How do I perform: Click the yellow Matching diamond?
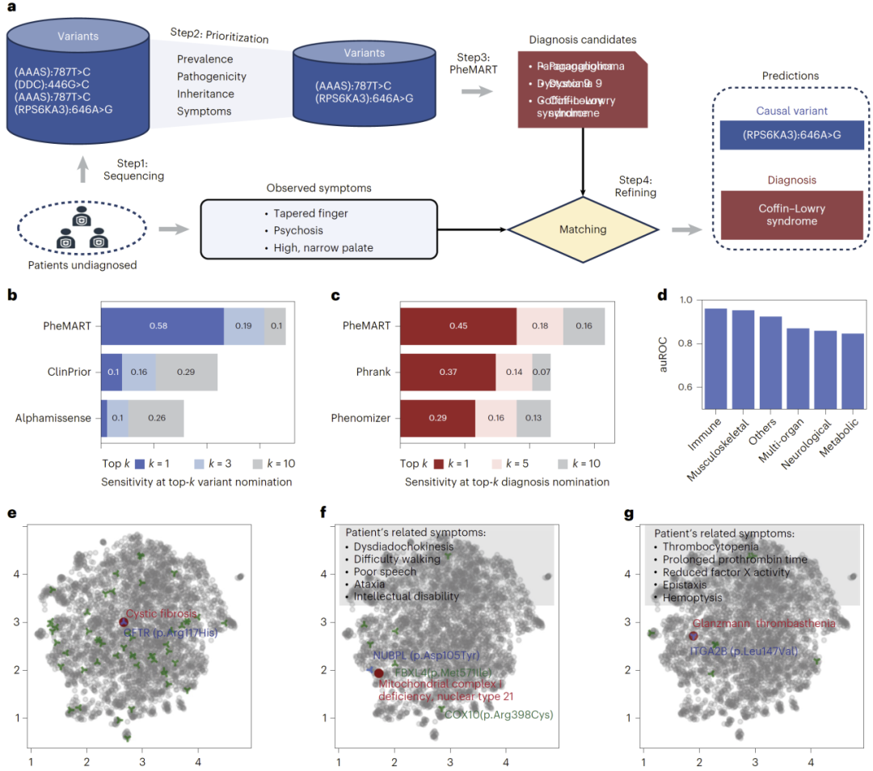583,230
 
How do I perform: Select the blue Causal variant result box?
791,135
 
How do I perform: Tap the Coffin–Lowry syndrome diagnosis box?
791,215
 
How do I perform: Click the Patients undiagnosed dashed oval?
82,229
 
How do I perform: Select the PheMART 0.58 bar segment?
162,326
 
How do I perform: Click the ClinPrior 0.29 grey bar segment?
186,373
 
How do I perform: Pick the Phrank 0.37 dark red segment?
447,373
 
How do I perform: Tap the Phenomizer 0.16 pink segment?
496,419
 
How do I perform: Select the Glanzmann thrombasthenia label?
765,623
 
